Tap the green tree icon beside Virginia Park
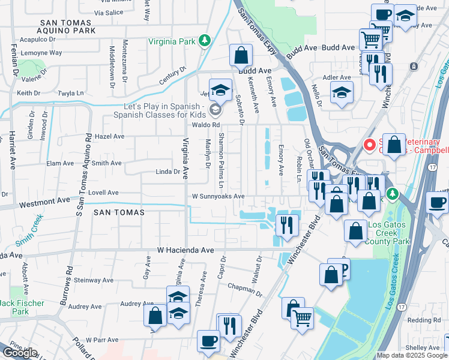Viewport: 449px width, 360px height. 205,40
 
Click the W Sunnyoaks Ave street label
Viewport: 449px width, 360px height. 218,196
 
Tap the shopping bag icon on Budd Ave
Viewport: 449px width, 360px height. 240,55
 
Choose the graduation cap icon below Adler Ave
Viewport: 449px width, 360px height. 342,92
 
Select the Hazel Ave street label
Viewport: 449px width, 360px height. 109,136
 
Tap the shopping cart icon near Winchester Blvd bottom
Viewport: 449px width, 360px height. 302,317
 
